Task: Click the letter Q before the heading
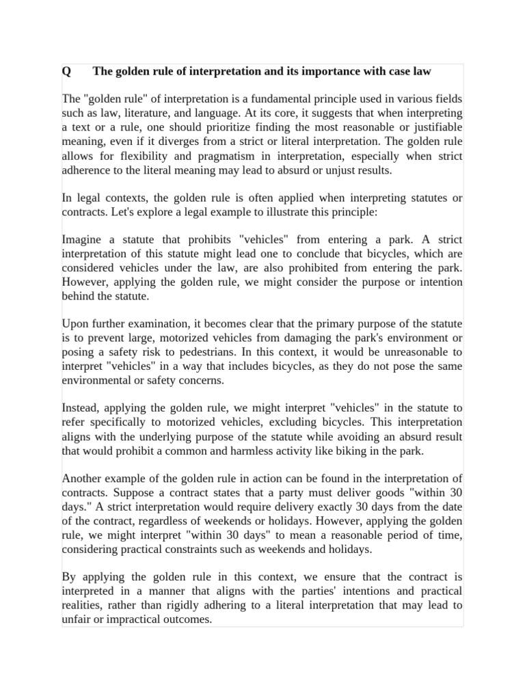pos(66,71)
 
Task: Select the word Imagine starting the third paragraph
pos(83,240)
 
